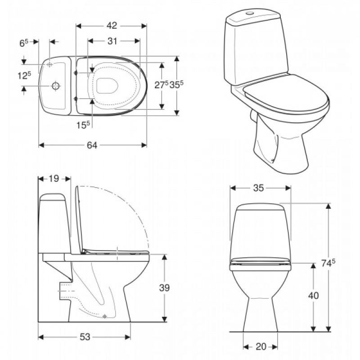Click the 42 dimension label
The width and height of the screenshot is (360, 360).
pos(112,26)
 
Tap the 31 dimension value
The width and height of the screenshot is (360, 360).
pos(112,41)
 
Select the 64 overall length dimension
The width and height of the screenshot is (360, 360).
pos(92,145)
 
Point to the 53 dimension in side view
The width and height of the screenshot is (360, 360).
pos(85,337)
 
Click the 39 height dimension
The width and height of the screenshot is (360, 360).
pos(164,288)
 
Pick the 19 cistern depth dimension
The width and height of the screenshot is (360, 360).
pos(54,178)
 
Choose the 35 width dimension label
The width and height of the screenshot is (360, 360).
pos(258,188)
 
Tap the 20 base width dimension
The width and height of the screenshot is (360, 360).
pos(261,346)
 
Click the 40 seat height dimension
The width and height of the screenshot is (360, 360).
pos(313,296)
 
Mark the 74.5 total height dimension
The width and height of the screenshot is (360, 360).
pos(328,263)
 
